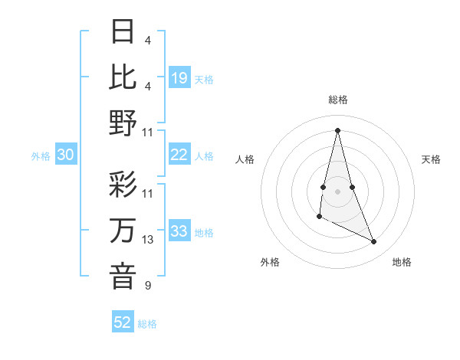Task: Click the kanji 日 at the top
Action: (123, 32)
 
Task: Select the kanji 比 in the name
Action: (123, 77)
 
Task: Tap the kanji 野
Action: (123, 123)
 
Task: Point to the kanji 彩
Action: (123, 186)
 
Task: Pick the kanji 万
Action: (123, 231)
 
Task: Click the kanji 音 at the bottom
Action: (123, 276)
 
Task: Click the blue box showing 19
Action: (179, 78)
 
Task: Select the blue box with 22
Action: (179, 155)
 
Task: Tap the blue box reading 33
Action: (179, 231)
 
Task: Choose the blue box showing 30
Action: (65, 155)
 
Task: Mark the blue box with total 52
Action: (123, 322)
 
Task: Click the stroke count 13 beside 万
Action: (148, 240)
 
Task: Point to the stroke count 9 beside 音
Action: (147, 286)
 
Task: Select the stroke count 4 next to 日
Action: (147, 40)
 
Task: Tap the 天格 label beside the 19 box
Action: (204, 80)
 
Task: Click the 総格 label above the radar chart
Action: (337, 100)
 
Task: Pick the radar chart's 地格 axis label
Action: (402, 262)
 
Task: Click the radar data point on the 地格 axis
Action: (374, 242)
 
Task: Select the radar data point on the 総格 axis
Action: (337, 129)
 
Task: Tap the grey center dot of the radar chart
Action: (337, 191)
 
